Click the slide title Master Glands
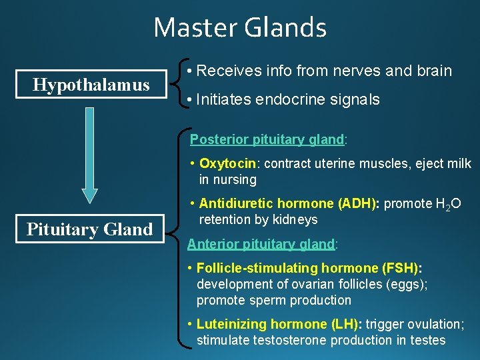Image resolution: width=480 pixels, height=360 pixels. tap(240, 28)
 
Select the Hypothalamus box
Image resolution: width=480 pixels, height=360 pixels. tap(92, 84)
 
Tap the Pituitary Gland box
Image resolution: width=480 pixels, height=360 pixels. tap(90, 229)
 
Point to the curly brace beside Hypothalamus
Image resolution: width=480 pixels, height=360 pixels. tap(177, 84)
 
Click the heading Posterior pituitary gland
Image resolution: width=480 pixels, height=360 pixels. tap(267, 139)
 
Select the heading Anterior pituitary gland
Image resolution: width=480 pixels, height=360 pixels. tap(261, 244)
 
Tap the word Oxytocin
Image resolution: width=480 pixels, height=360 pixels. tap(227, 163)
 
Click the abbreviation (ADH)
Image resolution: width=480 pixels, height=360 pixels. tap(358, 203)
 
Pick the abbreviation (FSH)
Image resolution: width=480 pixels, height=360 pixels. tap(402, 268)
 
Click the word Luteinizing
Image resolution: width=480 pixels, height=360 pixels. tap(234, 324)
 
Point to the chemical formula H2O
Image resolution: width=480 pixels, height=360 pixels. tap(447, 204)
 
